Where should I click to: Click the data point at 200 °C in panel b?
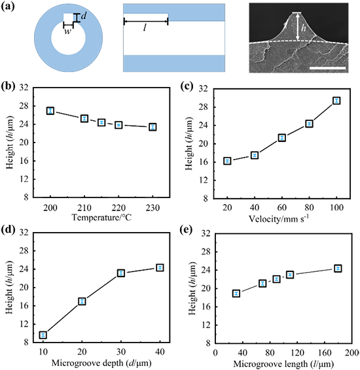[50, 110]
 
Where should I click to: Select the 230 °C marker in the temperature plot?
[153, 127]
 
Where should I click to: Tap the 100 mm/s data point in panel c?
[336, 101]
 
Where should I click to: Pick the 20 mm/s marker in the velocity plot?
[227, 161]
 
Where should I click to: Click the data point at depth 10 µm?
[43, 335]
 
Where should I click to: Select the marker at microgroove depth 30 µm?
[121, 273]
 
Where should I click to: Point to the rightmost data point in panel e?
[338, 268]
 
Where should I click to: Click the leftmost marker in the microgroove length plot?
[236, 294]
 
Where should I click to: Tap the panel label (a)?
[8, 7]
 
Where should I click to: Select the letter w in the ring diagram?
[68, 31]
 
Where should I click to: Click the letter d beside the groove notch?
[84, 16]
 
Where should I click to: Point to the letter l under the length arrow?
[145, 28]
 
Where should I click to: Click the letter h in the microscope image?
[304, 28]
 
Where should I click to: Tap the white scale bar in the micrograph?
[328, 68]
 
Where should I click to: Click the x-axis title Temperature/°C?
[101, 217]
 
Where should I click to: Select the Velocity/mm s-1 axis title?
[279, 219]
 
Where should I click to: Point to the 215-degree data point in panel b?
[101, 122]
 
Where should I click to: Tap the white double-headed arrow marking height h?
[298, 26]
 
